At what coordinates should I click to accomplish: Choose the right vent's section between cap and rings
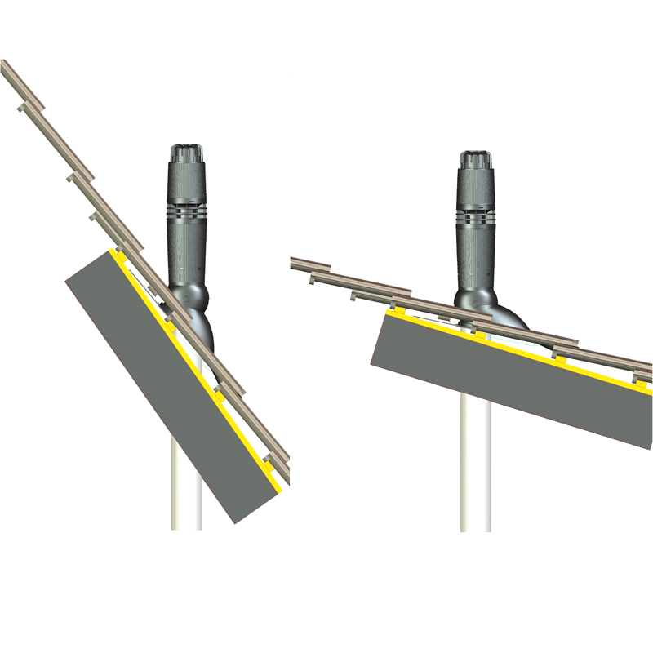coord(474,189)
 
